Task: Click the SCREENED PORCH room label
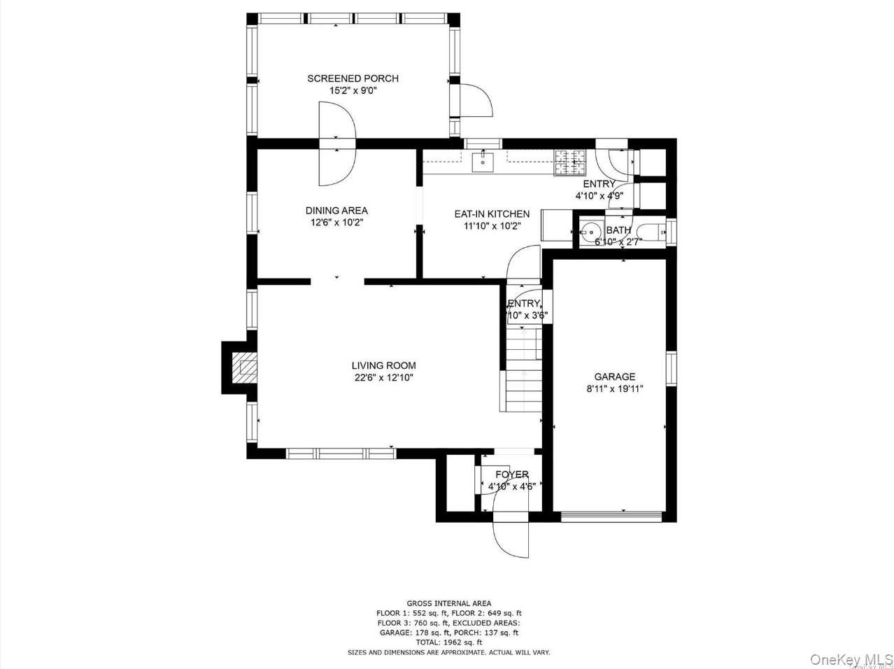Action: (353, 78)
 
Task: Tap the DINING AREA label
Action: (336, 211)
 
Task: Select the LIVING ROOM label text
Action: (383, 365)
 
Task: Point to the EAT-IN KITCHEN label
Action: (492, 214)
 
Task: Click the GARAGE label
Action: (614, 376)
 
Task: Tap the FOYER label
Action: (511, 475)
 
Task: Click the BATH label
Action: (618, 230)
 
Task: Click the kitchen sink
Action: (483, 162)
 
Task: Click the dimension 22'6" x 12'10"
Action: (383, 378)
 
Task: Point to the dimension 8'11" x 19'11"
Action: (614, 388)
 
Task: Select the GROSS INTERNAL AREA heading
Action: (448, 603)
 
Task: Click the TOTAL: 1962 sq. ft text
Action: (448, 642)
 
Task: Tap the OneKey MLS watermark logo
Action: (851, 659)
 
